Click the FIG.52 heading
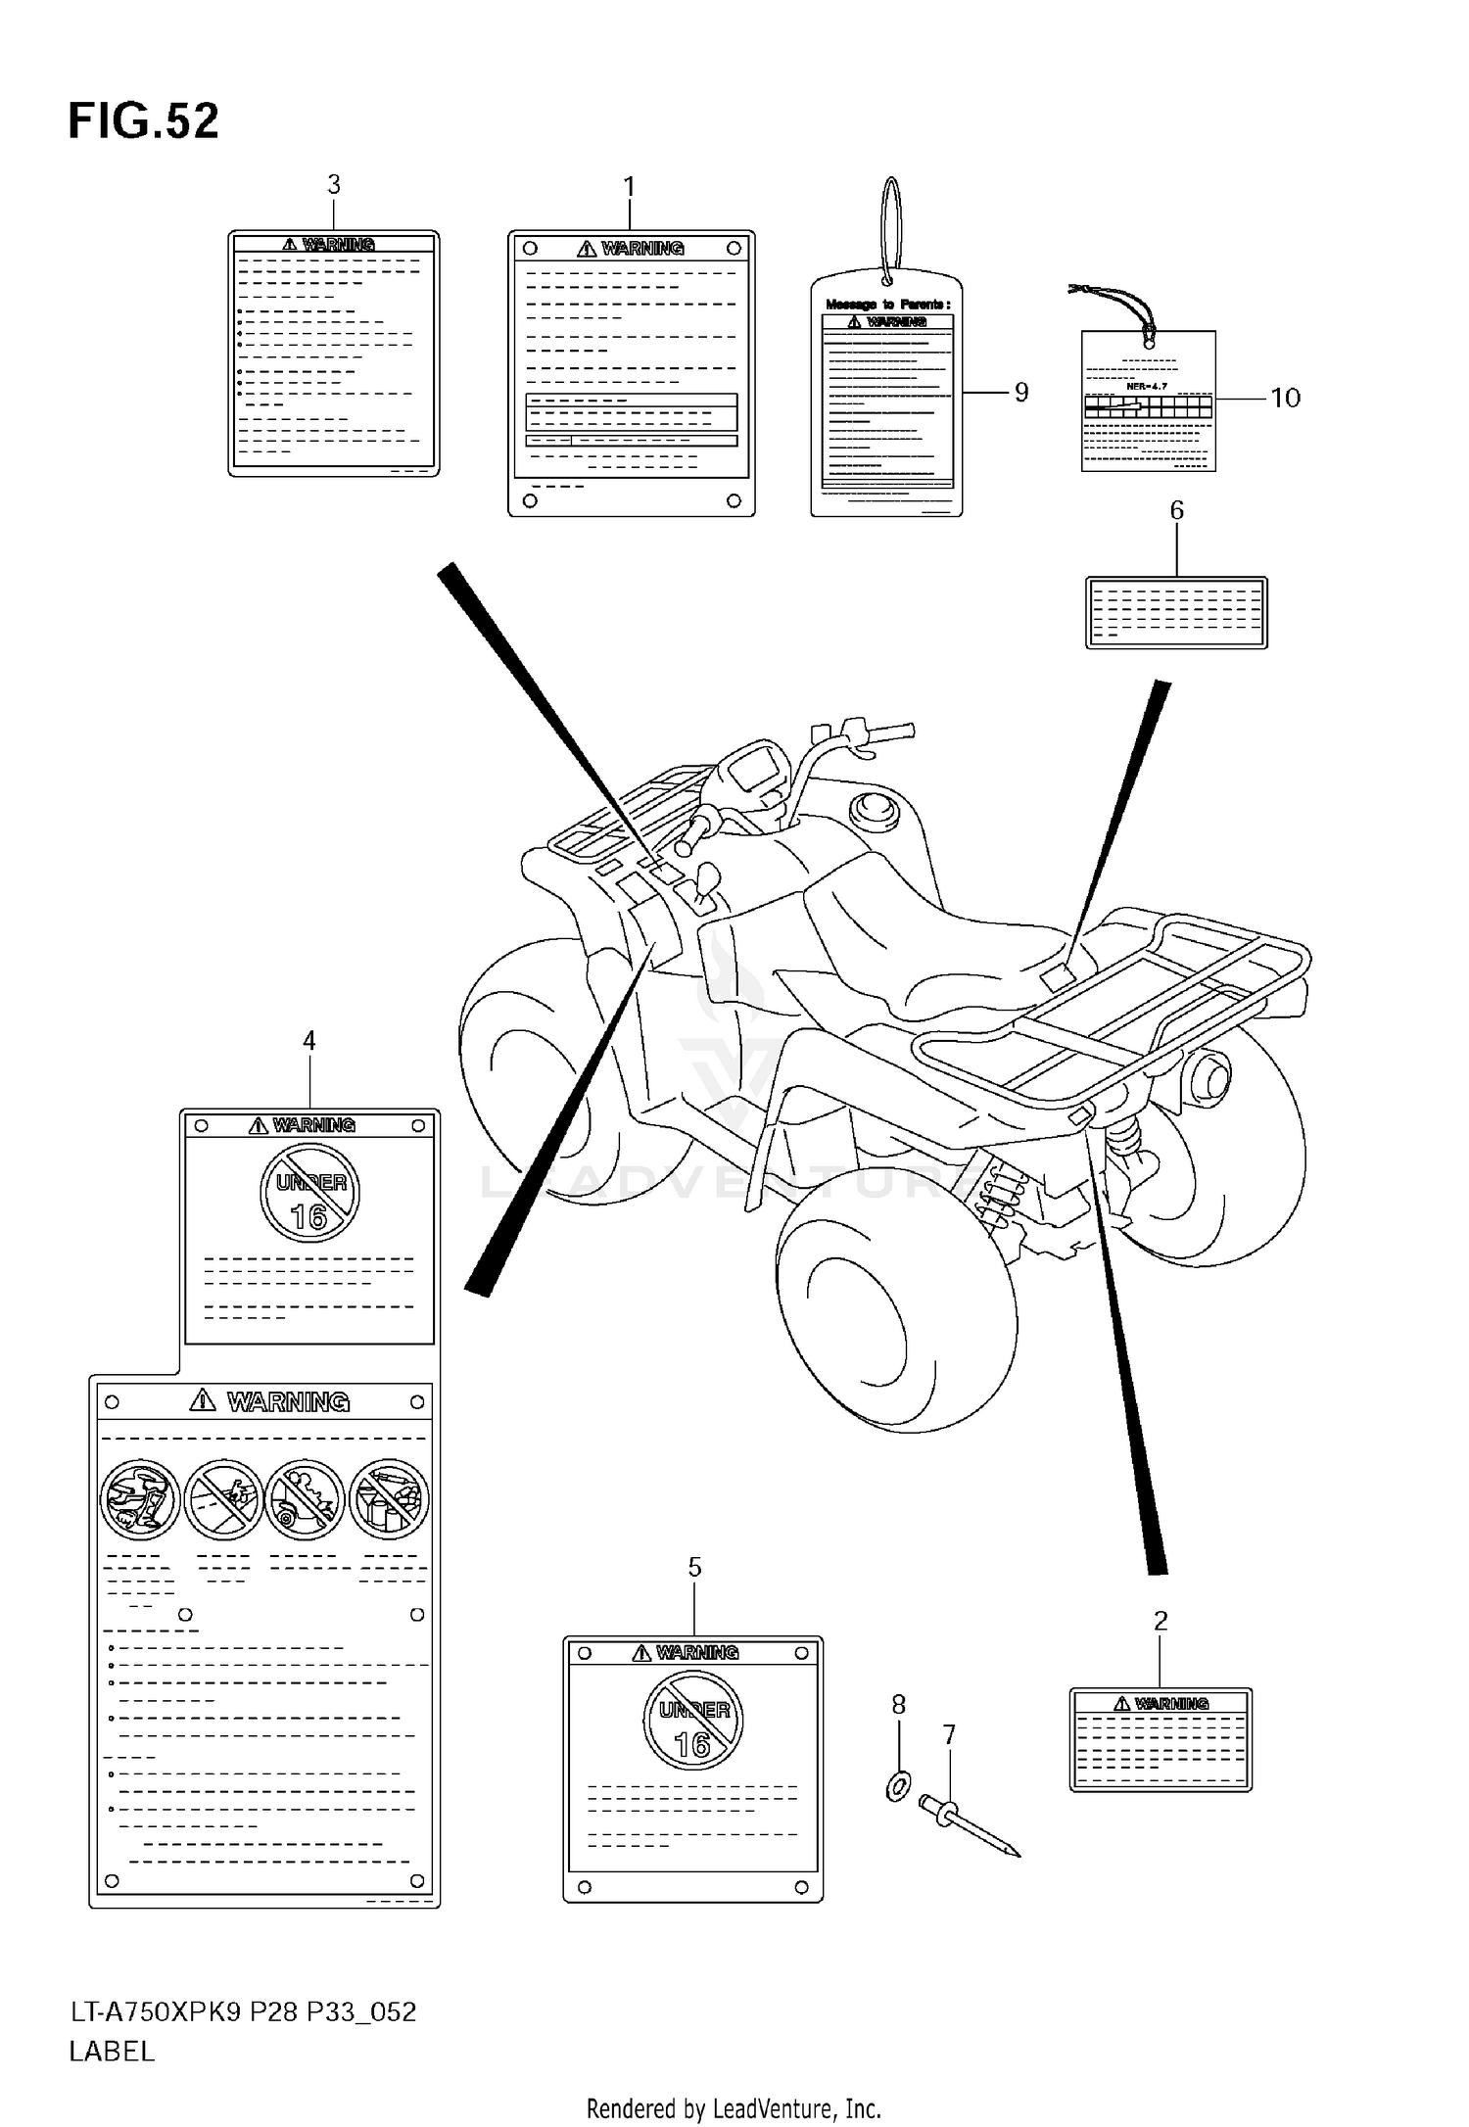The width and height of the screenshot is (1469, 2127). (143, 122)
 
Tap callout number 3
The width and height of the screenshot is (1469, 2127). (334, 184)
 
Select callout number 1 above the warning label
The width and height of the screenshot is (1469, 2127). (630, 186)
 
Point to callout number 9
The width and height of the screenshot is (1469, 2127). (1021, 393)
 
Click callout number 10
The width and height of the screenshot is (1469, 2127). (1285, 398)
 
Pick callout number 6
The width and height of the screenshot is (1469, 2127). (1176, 510)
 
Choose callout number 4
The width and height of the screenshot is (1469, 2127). (309, 1041)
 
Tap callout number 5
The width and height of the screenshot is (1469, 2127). (694, 1568)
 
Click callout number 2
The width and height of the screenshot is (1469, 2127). (1161, 1622)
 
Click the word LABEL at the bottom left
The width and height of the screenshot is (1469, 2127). (112, 2052)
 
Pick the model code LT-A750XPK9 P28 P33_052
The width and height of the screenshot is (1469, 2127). (243, 2012)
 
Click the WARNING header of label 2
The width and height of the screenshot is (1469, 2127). (1161, 1704)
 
